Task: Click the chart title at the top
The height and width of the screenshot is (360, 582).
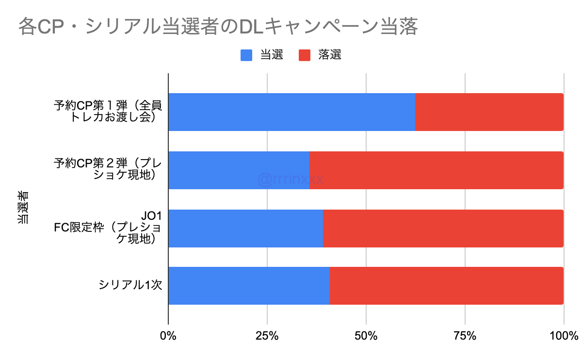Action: [218, 27]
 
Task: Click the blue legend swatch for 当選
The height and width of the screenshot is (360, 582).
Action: [246, 55]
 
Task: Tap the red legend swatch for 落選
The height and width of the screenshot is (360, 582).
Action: [305, 55]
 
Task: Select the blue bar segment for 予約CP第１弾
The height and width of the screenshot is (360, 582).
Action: [291, 112]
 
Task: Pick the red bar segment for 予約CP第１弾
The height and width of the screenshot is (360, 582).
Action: [489, 112]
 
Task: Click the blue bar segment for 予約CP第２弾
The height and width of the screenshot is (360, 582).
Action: [239, 170]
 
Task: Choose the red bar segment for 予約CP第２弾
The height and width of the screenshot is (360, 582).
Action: [436, 170]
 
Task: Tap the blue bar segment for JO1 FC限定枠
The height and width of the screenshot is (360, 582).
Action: [245, 228]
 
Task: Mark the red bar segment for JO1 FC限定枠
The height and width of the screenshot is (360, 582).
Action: [443, 228]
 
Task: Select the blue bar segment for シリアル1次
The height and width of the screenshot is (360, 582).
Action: [249, 286]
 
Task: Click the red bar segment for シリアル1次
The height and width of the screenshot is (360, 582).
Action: [446, 286]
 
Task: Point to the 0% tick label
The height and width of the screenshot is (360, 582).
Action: [168, 336]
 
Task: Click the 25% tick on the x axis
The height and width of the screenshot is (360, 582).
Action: [267, 336]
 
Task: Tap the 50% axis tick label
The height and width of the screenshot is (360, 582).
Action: [366, 336]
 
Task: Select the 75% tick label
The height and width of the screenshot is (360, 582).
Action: [465, 336]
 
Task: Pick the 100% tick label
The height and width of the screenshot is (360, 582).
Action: [564, 336]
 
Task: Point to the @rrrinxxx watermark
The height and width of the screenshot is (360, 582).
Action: [291, 180]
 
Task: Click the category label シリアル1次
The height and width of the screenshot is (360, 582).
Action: [130, 286]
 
